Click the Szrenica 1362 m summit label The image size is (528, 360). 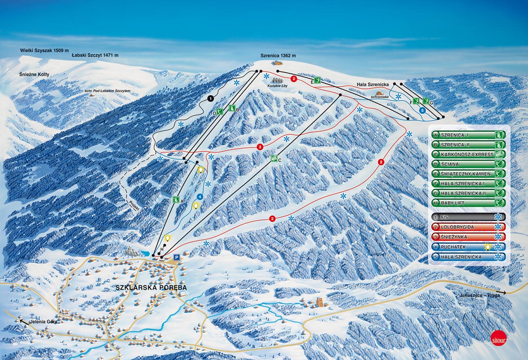pos(278,56)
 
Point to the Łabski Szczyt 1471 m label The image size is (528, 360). pos(95,55)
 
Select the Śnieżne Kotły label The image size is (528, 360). pos(34,74)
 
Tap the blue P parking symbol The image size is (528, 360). pos(177,257)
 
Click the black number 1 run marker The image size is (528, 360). pos(210,98)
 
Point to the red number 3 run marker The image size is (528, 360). pos(260,147)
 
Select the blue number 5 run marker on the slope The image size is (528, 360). pos(422,110)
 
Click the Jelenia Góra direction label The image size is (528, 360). pos(40,322)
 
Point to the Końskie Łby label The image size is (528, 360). pos(274,88)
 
